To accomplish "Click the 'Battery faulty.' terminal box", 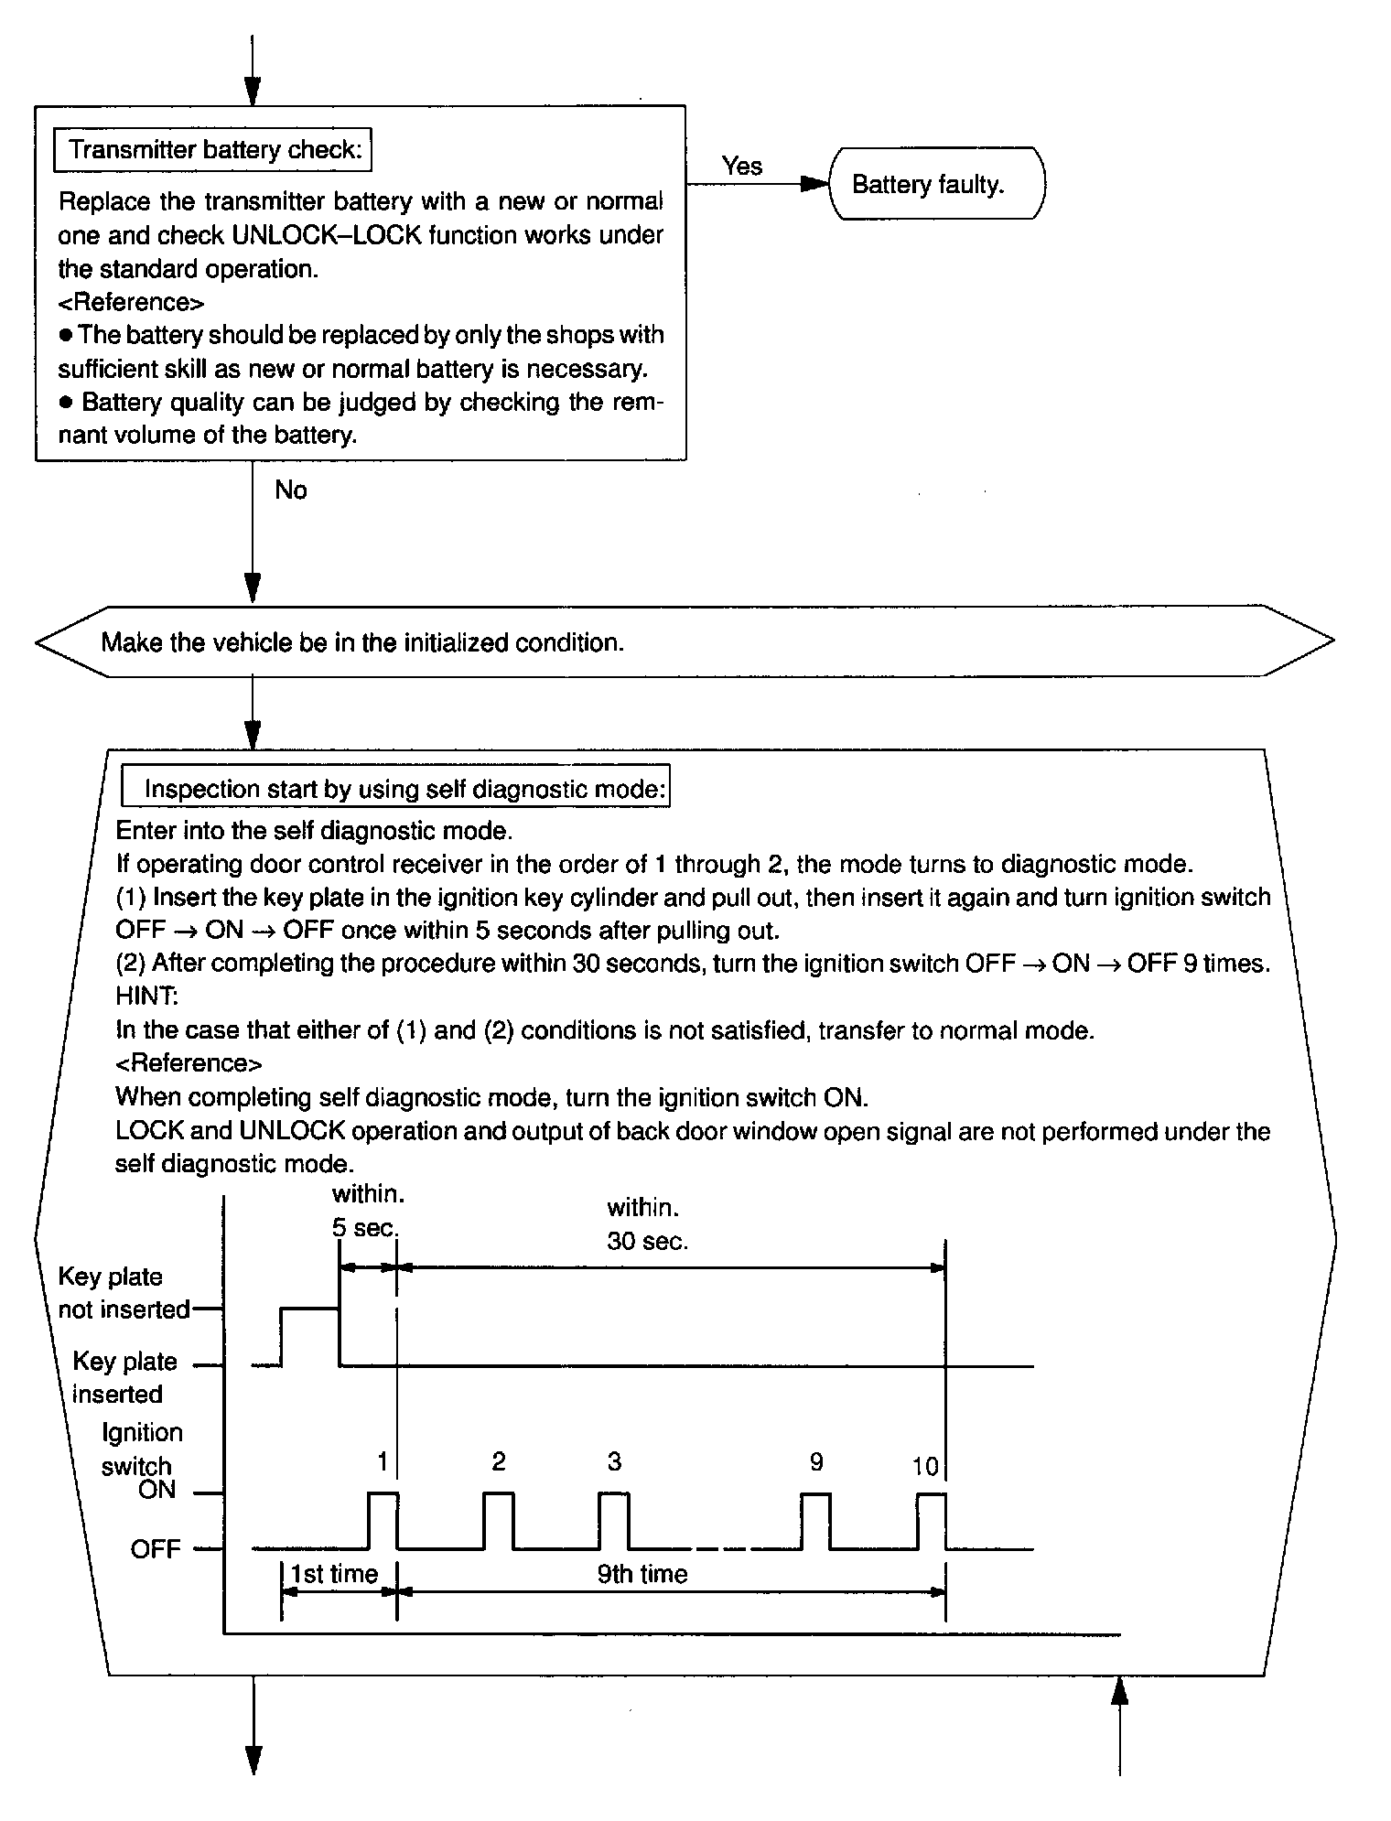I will (935, 184).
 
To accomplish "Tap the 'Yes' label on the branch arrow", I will (741, 166).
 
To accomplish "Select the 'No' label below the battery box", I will (291, 490).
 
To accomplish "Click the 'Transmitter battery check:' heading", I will (213, 150).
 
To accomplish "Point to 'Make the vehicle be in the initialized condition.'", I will (362, 642).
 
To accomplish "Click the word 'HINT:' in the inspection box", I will (146, 997).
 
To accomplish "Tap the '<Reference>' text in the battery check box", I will (131, 302).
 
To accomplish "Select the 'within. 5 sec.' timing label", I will (368, 1211).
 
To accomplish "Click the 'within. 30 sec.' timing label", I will (647, 1224).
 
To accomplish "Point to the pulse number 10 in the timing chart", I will (925, 1467).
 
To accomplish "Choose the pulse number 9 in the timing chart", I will (816, 1463).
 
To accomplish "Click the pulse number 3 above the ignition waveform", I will (614, 1462).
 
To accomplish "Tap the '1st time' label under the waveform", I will (334, 1574).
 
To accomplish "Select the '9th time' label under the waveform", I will (642, 1574).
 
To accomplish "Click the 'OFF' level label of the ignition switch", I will (156, 1550).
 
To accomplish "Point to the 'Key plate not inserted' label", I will (124, 1293).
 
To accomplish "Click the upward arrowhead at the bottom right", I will (1119, 1693).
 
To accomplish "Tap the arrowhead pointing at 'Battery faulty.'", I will (814, 184).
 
